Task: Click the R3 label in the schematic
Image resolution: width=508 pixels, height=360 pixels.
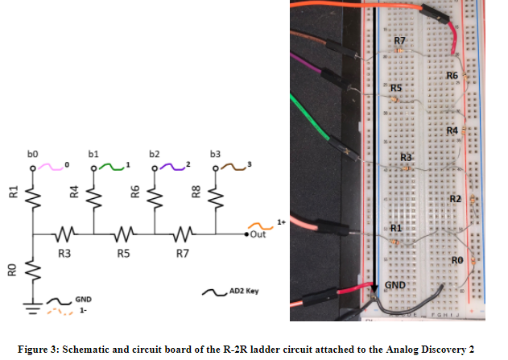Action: pyautogui.click(x=64, y=254)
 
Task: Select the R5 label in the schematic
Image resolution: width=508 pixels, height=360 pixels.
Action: pyautogui.click(x=124, y=254)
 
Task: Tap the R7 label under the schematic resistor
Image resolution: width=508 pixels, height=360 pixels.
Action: pyautogui.click(x=184, y=254)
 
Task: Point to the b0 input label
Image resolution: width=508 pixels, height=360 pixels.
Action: pyautogui.click(x=34, y=152)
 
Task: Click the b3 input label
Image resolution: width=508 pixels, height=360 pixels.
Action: pyautogui.click(x=214, y=152)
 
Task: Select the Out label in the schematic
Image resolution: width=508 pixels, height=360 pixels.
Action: pyautogui.click(x=258, y=234)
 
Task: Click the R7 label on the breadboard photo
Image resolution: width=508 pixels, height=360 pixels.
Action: pyautogui.click(x=399, y=40)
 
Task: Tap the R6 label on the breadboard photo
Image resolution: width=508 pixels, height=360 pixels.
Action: pyautogui.click(x=452, y=75)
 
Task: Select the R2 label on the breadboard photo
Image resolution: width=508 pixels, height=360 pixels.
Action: pyautogui.click(x=456, y=198)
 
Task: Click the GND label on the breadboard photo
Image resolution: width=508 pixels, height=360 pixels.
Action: pyautogui.click(x=394, y=285)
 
